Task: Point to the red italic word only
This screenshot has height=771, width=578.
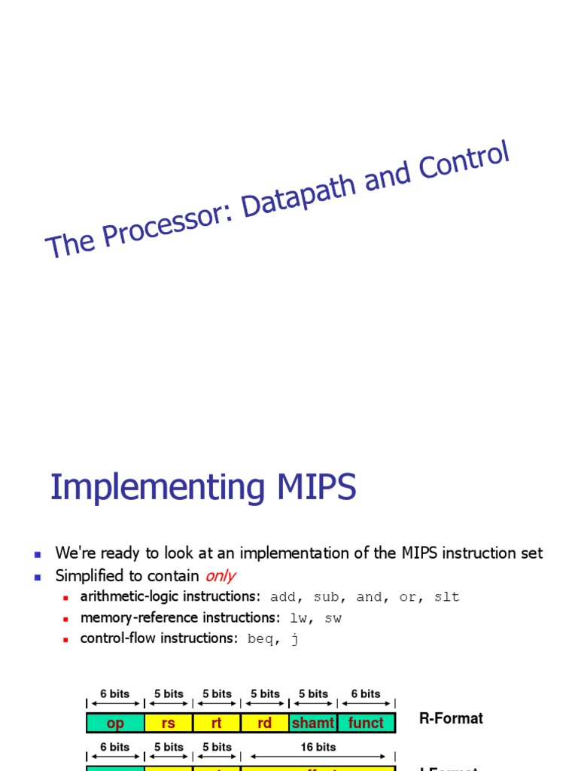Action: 220,576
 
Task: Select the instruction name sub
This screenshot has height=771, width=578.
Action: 326,597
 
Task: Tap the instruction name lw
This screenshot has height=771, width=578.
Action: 299,618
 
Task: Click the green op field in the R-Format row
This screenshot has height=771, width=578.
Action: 115,723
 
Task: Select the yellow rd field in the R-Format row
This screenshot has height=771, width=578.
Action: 264,723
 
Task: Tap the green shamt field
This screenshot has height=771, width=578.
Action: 312,723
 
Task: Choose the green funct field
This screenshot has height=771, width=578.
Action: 366,723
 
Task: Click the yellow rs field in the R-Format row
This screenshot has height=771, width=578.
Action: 168,723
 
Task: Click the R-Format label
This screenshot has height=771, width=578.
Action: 451,718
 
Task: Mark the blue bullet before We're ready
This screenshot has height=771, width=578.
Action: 37,554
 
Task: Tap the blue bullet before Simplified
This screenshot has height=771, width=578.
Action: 37,577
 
